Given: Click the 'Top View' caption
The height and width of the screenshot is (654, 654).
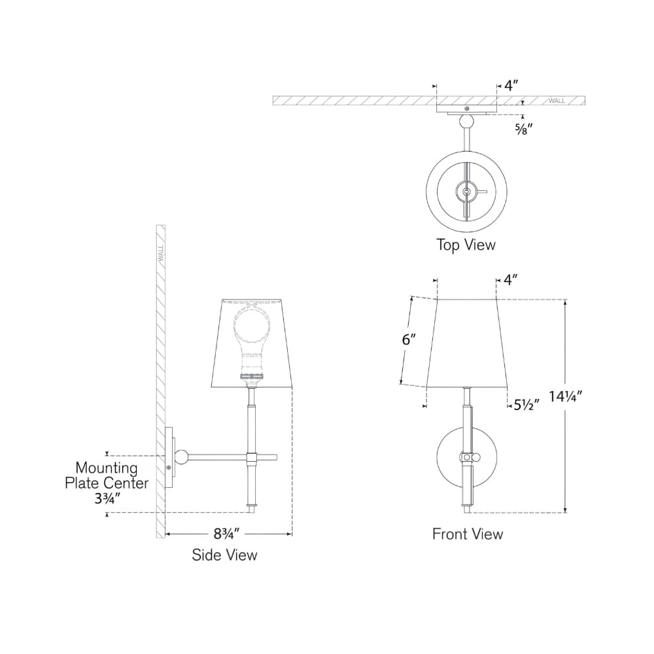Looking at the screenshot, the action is (x=466, y=245).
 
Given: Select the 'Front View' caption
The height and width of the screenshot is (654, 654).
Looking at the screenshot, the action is (x=468, y=534).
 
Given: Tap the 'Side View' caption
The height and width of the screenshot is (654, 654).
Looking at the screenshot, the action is (x=224, y=555).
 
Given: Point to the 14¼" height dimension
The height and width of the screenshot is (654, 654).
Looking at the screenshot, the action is (x=565, y=396).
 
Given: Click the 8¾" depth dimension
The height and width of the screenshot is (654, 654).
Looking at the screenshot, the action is (x=227, y=534).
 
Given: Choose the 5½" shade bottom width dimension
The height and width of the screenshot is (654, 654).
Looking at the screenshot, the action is (x=526, y=405).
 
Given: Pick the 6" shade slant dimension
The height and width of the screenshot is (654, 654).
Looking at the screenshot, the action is (x=409, y=339).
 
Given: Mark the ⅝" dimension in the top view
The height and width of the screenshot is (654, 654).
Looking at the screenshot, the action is (x=523, y=129).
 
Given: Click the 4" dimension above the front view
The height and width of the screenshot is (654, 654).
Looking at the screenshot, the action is (x=511, y=279).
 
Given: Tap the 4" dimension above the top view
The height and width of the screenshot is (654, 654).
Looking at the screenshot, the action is (x=511, y=86).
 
